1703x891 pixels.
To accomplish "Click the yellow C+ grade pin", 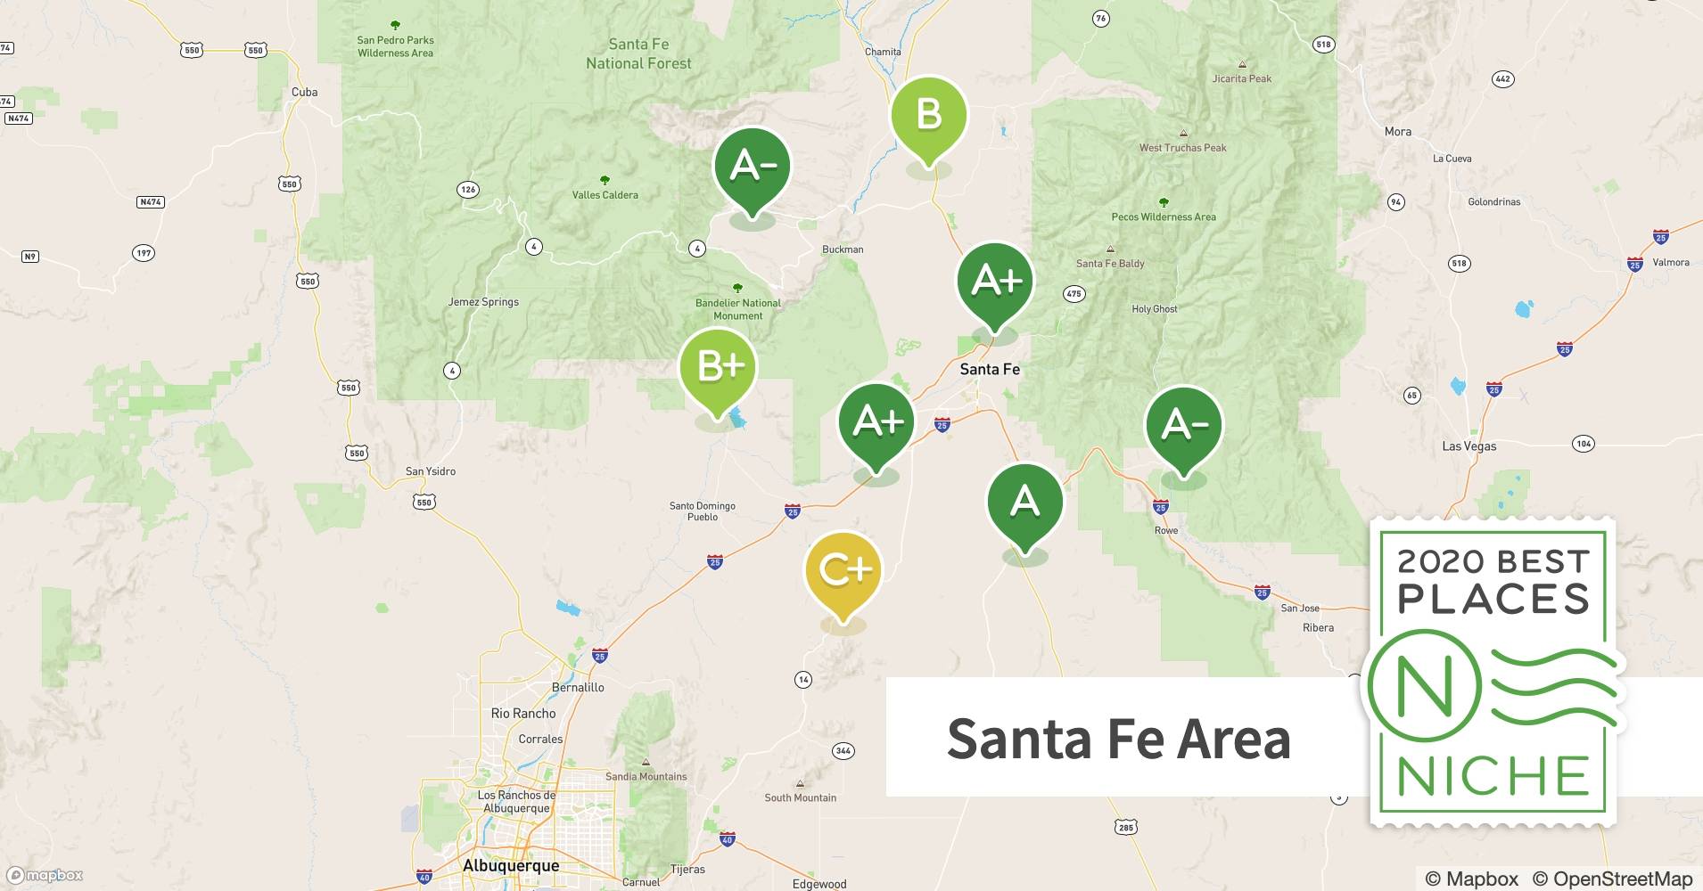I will coord(843,571).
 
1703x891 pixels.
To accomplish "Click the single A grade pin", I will coord(1024,502).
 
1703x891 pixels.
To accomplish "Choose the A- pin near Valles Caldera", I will coord(753,167).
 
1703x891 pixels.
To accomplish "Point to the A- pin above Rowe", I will coord(1183,425).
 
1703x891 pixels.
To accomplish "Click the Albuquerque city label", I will coord(511,865).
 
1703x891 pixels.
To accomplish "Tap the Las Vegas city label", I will coord(1469,446).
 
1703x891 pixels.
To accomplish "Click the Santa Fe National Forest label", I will coord(638,53).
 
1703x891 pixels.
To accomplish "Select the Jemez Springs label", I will coord(483,302).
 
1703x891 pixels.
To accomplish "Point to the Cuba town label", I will coord(304,92).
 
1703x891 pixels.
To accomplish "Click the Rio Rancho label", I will coord(523,714).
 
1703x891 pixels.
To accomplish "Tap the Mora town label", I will coord(1397,132).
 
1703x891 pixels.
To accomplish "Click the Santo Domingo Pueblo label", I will coord(703,511).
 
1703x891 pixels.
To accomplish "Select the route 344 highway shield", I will coord(843,750).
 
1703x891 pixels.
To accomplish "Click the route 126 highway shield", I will coord(467,189).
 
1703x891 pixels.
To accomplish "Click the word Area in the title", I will coord(1233,739).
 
